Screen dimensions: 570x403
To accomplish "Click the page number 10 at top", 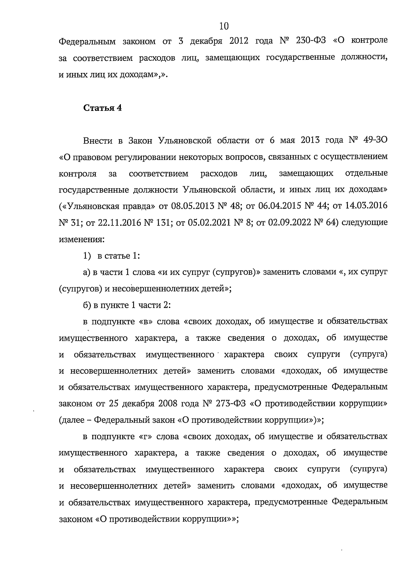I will pyautogui.click(x=224, y=26).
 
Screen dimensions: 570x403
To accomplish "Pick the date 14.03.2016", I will pyautogui.click(x=366, y=206).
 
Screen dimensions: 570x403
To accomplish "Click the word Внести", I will pyautogui.click(x=98, y=140).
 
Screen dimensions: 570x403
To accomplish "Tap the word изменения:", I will pyautogui.click(x=82, y=239).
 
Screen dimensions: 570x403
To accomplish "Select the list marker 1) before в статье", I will pyautogui.click(x=87, y=256).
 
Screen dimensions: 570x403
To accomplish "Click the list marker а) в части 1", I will pyautogui.click(x=87, y=272).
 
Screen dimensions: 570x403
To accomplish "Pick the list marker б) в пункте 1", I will pyautogui.click(x=87, y=305).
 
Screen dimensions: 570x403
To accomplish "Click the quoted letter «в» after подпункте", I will pyautogui.click(x=146, y=322).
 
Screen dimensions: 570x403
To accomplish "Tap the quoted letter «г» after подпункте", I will pyautogui.click(x=145, y=437).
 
